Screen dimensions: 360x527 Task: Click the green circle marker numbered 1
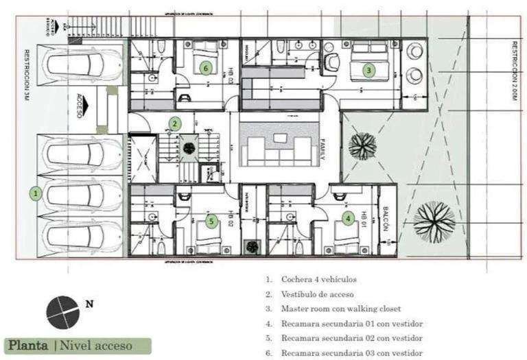[36, 194]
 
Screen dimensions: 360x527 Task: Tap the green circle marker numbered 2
[176, 123]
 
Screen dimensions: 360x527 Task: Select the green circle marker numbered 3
[368, 69]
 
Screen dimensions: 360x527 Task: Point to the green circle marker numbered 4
[349, 219]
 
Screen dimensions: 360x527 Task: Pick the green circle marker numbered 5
[211, 221]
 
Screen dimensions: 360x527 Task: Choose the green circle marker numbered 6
[205, 67]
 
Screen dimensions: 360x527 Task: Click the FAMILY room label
[319, 149]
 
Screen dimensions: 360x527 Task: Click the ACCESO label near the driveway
[80, 106]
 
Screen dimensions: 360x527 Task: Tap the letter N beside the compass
[89, 302]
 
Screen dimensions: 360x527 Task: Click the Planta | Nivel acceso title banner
[68, 345]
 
